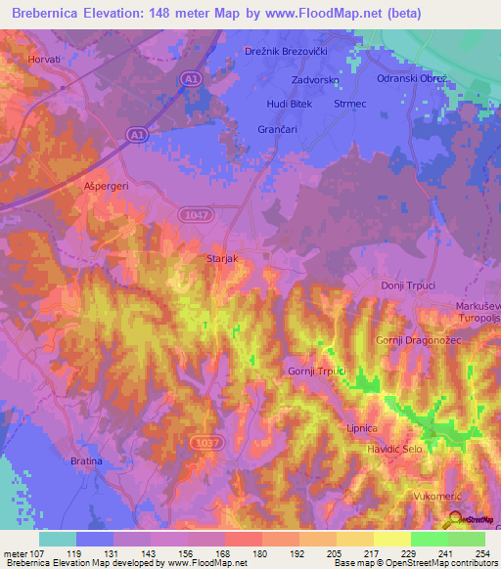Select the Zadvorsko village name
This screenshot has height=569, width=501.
(x=315, y=80)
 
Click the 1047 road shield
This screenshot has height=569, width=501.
(x=194, y=213)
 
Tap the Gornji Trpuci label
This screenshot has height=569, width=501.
(x=317, y=371)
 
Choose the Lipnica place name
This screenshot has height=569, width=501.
(x=383, y=428)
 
